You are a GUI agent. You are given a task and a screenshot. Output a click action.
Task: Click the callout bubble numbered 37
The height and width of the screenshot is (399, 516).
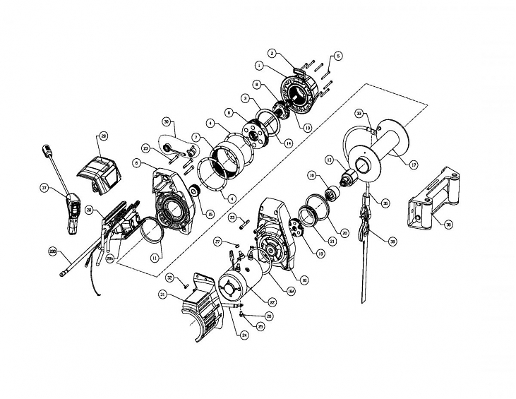click(x=44, y=189)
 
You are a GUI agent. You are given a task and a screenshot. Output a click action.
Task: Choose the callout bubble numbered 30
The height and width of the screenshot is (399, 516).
click(x=167, y=121)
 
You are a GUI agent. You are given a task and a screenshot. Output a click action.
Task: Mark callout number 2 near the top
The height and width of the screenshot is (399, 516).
click(x=272, y=54)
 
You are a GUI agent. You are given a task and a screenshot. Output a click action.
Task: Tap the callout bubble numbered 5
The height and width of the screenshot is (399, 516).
click(x=337, y=56)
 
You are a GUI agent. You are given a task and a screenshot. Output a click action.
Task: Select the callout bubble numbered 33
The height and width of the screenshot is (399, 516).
click(x=359, y=114)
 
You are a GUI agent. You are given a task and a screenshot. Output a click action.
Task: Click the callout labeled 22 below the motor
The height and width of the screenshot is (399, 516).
click(x=271, y=302)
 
